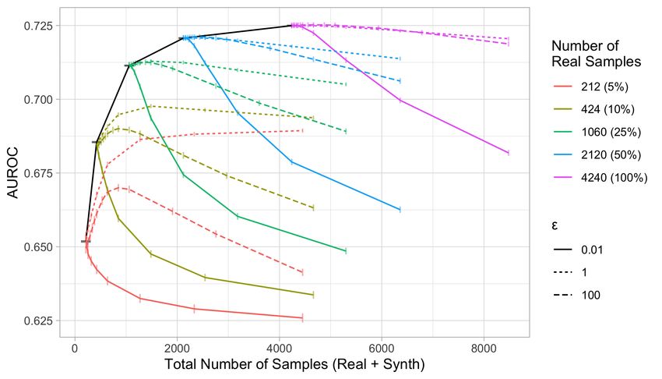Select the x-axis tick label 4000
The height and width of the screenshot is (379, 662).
(279, 349)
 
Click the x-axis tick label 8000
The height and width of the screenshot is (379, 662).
(484, 349)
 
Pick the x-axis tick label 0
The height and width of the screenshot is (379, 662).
(75, 349)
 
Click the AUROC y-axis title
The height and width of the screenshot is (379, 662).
(13, 173)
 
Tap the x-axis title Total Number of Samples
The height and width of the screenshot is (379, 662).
(294, 364)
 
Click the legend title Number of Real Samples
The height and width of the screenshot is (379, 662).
(596, 54)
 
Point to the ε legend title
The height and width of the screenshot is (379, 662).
(555, 225)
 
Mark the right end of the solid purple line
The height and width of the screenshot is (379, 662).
(509, 153)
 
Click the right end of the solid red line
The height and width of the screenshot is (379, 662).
(302, 317)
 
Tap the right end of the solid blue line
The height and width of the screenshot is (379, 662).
(400, 210)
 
